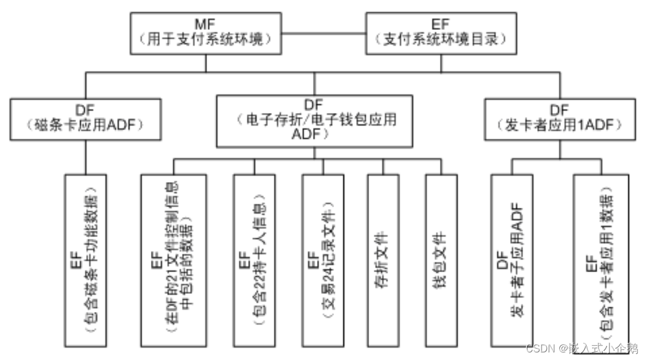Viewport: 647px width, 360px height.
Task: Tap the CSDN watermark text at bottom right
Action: click(x=581, y=349)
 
